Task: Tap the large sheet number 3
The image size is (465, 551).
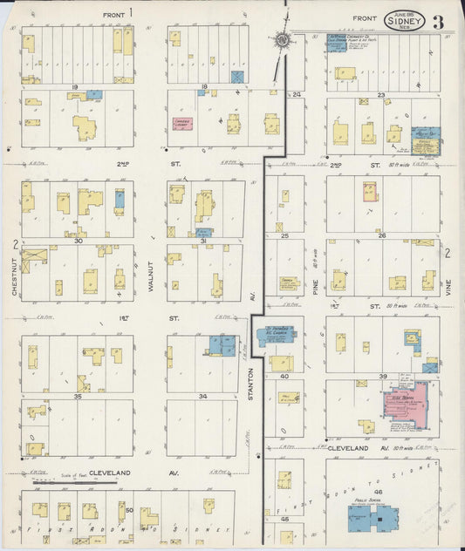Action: click(x=436, y=21)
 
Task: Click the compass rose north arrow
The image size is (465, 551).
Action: click(x=284, y=38)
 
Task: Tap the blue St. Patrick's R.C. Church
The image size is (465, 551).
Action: click(x=277, y=335)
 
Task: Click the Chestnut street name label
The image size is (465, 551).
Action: click(x=16, y=279)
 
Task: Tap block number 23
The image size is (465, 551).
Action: click(x=380, y=94)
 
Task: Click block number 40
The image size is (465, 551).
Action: click(x=284, y=377)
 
